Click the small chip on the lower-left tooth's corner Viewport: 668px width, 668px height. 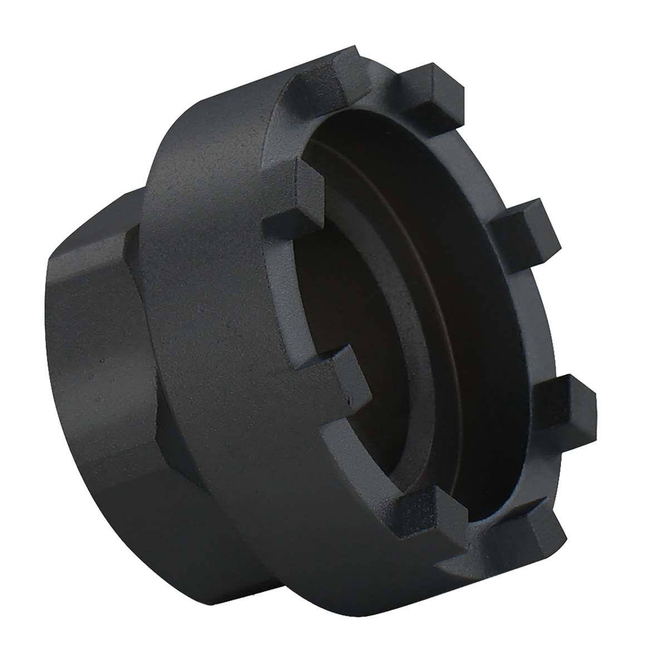click(349, 399)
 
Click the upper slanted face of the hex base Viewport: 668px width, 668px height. click(95, 234)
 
